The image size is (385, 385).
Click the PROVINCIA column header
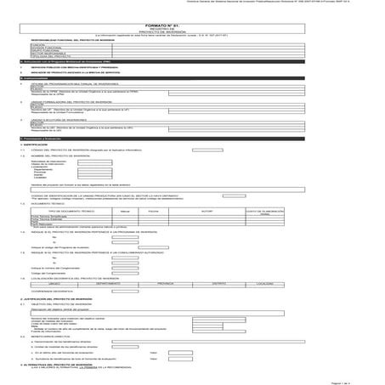pos(165,259)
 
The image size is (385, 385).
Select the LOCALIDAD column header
pos(264,259)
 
